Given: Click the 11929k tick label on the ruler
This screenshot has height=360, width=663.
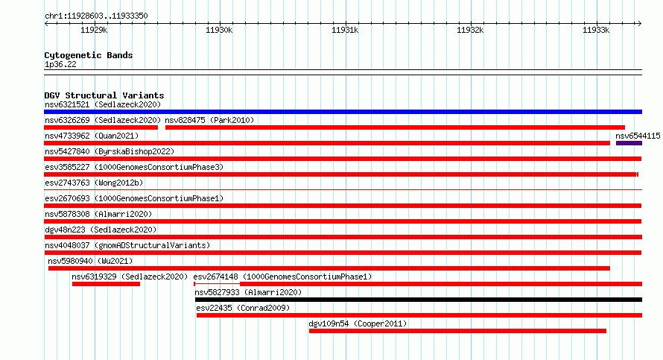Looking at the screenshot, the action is click(94, 30).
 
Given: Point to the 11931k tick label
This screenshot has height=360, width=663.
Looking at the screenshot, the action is click(345, 30).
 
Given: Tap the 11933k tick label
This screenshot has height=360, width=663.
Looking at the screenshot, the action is click(596, 30).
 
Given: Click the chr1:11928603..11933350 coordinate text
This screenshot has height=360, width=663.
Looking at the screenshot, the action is click(96, 16).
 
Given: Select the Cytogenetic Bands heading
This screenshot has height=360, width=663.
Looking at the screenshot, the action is click(89, 55).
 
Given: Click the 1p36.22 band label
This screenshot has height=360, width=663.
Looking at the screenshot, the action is click(60, 64).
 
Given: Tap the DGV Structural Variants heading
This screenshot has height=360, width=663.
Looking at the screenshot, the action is click(104, 95).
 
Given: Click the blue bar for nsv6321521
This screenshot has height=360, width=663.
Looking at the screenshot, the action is click(343, 112).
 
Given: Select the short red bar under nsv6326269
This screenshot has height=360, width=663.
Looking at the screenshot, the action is click(101, 127).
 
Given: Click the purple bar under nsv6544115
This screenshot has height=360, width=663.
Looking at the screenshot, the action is click(629, 143).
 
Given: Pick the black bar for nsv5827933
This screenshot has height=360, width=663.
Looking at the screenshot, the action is click(419, 300).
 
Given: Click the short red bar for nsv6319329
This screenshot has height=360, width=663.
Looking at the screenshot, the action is click(106, 284).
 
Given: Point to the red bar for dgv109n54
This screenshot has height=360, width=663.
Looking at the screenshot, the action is click(457, 331).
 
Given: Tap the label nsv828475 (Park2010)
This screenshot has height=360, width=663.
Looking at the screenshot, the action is click(209, 120).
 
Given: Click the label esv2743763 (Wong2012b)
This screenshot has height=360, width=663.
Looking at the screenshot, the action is click(94, 183).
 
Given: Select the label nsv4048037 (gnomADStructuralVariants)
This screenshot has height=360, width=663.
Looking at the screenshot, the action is click(127, 245).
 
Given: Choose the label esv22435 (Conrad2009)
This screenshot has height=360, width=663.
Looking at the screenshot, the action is click(243, 308).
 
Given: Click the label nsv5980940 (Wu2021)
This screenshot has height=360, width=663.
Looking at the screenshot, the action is click(90, 261).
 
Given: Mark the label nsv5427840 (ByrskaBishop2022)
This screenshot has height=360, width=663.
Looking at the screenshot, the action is click(110, 151).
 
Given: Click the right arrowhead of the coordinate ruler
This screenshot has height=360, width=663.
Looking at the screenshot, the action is click(640, 24).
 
